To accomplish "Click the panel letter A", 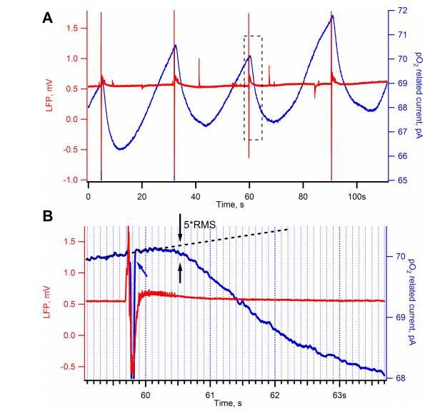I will click(47, 18).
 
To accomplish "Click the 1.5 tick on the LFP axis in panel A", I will click(72, 28).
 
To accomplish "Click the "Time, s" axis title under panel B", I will click(236, 403).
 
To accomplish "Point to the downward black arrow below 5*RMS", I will click(180, 232).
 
